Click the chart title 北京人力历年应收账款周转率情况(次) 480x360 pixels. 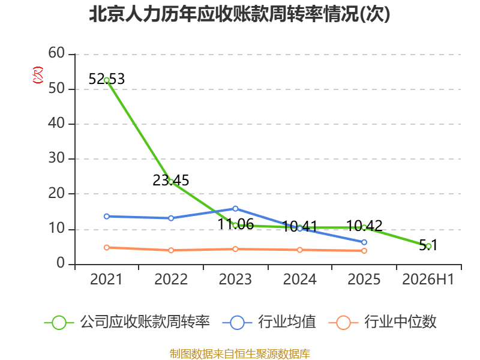[x=239, y=14]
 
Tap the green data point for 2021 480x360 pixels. [x=107, y=80]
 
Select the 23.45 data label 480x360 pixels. [x=171, y=181]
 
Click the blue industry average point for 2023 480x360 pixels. [x=235, y=209]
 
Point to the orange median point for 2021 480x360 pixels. [x=107, y=247]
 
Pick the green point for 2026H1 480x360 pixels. [x=428, y=246]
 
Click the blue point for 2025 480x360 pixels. [x=364, y=242]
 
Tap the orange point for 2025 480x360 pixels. [x=364, y=251]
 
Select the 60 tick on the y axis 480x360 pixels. [x=56, y=53]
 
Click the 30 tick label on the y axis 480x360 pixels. [x=56, y=158]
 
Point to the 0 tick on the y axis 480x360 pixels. [x=61, y=263]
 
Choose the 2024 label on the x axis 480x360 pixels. [x=299, y=280]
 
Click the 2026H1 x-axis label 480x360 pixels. [x=428, y=280]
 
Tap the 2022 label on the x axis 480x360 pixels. [x=171, y=280]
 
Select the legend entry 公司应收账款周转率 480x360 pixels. [x=127, y=322]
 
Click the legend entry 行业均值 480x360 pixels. [x=269, y=322]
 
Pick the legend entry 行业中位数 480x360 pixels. [x=382, y=322]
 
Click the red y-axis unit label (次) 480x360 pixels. [x=38, y=75]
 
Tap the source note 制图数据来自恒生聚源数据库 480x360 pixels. [x=240, y=354]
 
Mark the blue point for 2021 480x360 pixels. [x=107, y=217]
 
